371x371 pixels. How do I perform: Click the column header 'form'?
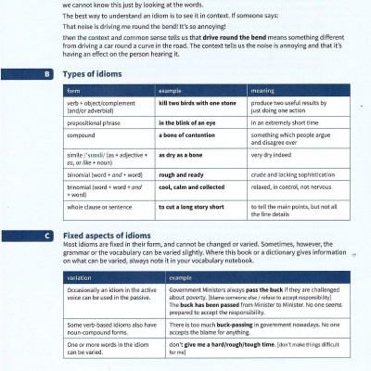(x=74, y=92)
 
